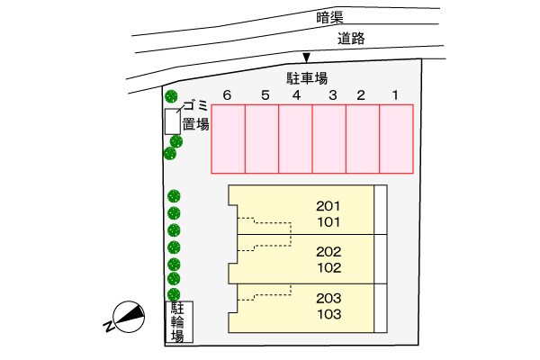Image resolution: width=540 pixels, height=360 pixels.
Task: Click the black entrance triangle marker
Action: (x=307, y=58)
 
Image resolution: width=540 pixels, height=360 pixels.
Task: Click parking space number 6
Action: (x=229, y=138)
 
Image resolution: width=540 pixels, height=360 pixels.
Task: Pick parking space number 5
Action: (x=262, y=138)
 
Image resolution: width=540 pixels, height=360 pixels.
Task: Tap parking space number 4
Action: (x=295, y=138)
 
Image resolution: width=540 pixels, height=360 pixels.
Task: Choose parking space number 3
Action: (x=329, y=138)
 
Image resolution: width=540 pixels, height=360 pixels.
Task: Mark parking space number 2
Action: (x=363, y=138)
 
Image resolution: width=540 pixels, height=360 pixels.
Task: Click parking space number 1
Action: (x=396, y=138)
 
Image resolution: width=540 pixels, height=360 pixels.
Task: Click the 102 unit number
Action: (x=328, y=267)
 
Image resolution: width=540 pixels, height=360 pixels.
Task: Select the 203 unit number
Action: (x=328, y=297)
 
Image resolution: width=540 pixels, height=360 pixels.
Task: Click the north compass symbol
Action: (x=125, y=317)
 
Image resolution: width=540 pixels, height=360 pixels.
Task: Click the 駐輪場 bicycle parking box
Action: (x=179, y=321)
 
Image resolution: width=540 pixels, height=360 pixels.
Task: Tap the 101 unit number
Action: (x=328, y=220)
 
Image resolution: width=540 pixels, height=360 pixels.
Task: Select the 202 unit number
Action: (x=328, y=251)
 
